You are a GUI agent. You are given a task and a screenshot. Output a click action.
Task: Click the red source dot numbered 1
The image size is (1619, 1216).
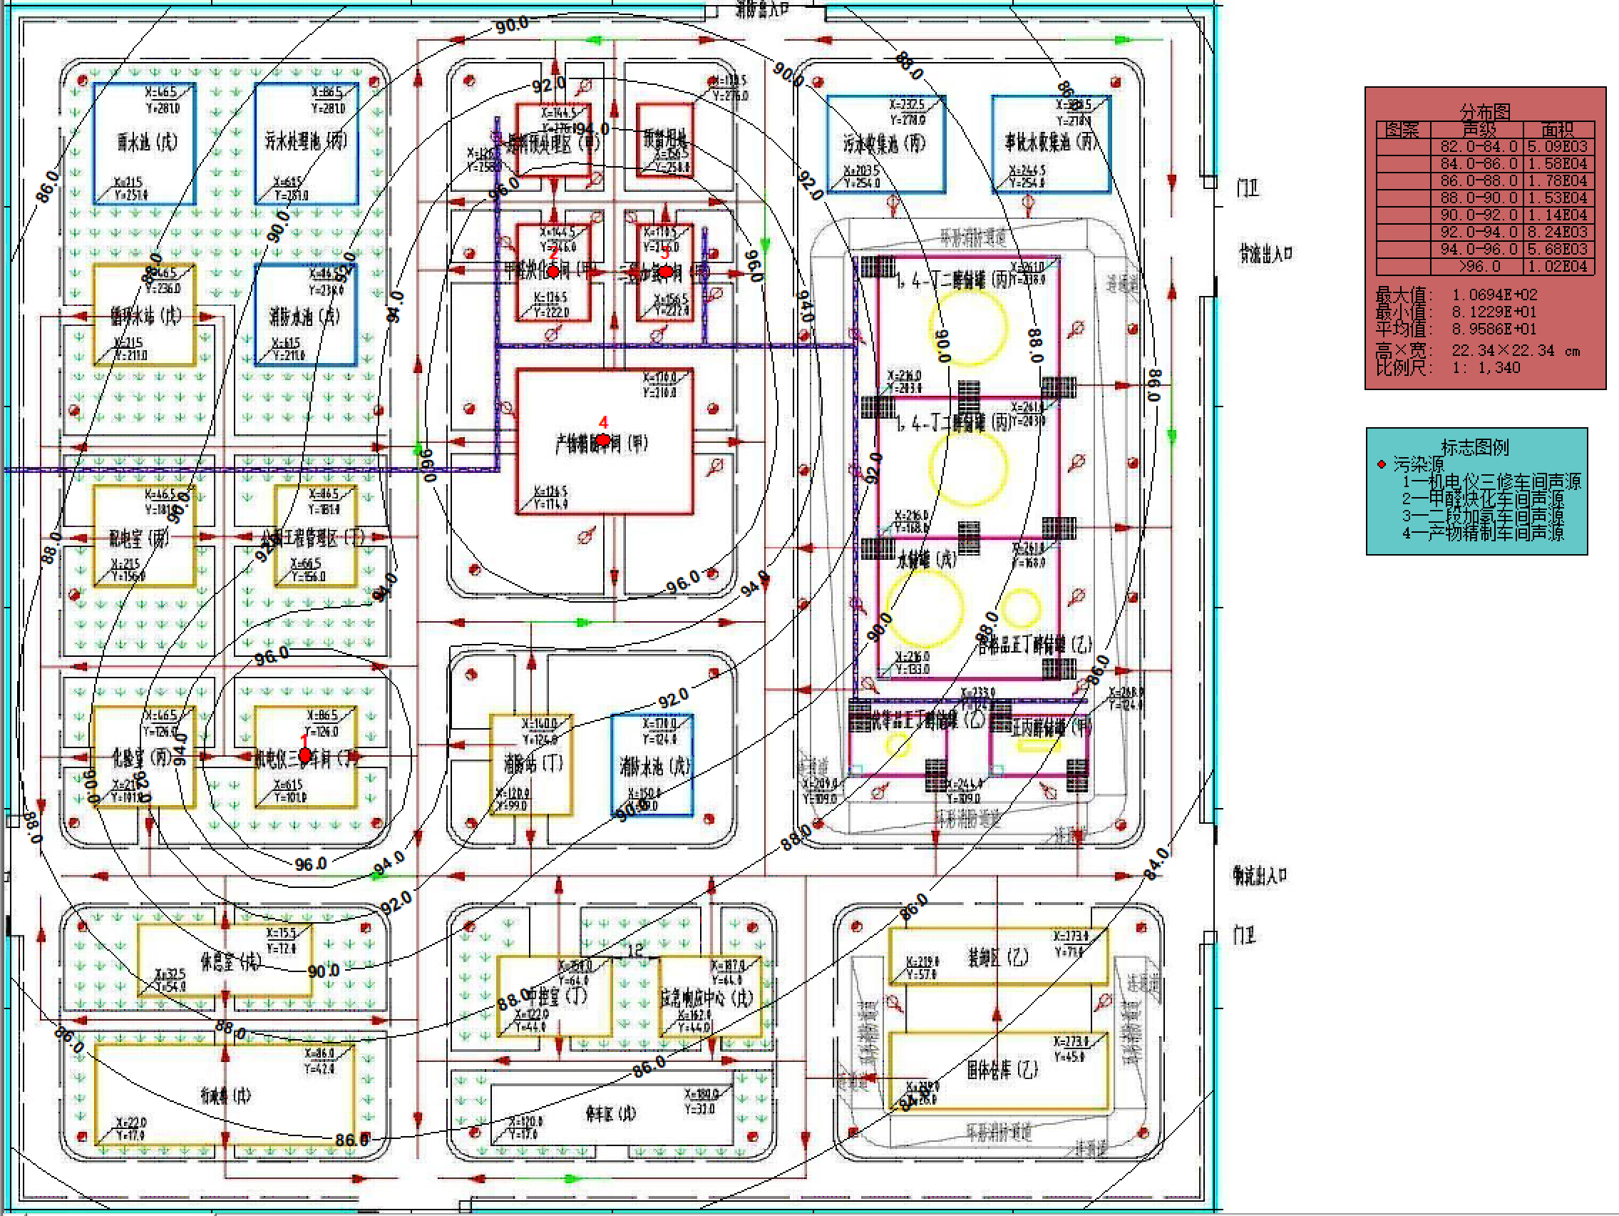tap(305, 755)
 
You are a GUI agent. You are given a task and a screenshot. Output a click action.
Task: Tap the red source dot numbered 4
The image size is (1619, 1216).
tap(602, 440)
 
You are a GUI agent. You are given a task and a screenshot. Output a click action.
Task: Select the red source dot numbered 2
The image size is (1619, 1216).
tap(553, 272)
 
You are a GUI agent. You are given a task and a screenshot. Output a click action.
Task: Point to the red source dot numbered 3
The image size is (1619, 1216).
tap(665, 272)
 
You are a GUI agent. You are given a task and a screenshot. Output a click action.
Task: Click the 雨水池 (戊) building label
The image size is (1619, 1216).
tap(147, 141)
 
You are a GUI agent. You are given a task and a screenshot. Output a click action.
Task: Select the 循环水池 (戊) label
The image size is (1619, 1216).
tap(145, 315)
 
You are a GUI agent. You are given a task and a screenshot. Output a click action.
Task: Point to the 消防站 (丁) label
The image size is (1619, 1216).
tap(532, 764)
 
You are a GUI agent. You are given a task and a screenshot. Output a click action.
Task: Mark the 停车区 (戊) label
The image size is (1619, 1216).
tap(610, 1113)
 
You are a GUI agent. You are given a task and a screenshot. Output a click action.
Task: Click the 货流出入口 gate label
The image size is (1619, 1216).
tap(1265, 254)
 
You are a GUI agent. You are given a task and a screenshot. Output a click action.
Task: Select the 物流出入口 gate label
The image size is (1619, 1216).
tap(1260, 875)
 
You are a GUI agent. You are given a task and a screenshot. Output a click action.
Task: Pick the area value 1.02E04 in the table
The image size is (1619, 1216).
tap(1557, 267)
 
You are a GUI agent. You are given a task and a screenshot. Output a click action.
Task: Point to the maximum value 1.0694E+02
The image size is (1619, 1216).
tap(1494, 295)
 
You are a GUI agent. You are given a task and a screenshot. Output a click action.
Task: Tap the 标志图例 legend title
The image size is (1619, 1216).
tap(1474, 446)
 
